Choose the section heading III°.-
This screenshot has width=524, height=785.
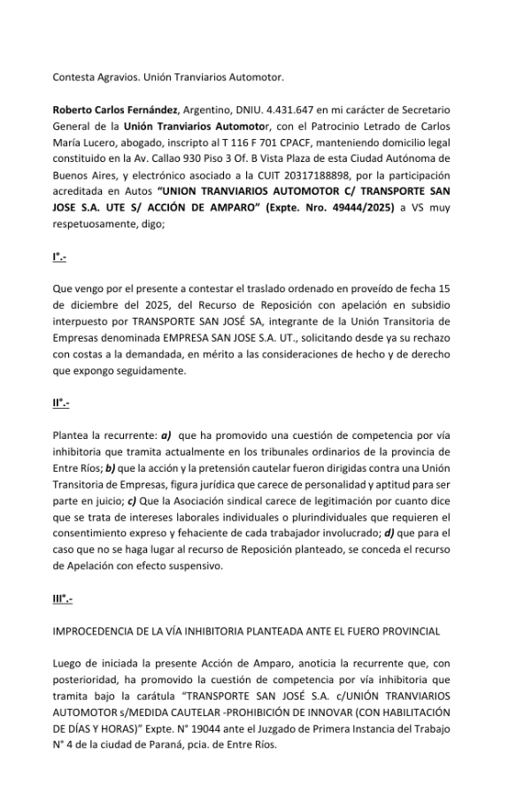pos(63,600)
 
